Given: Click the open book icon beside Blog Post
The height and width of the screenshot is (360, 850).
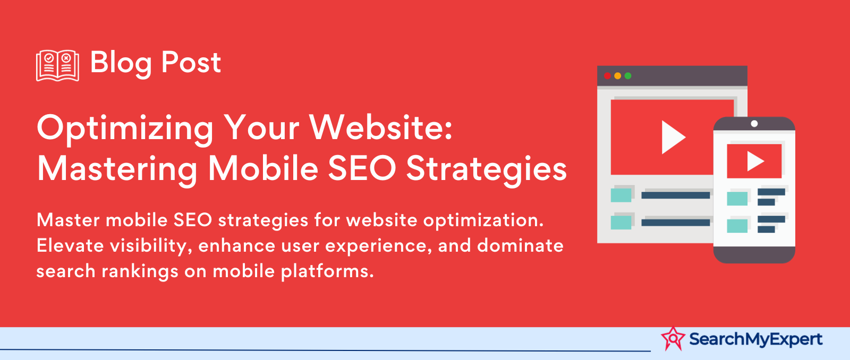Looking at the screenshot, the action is [x=58, y=65].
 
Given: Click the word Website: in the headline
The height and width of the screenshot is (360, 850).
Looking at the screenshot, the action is [x=381, y=127].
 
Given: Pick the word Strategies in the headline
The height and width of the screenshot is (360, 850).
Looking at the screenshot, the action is [x=487, y=170].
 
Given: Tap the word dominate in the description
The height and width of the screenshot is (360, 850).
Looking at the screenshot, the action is [x=520, y=245].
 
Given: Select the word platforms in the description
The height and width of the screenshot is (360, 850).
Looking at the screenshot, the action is [x=327, y=272].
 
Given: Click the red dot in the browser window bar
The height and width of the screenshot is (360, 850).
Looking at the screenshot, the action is [x=608, y=76].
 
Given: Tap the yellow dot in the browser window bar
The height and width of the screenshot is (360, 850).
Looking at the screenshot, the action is [x=618, y=76].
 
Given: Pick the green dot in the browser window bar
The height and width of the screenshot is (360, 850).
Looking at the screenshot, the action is [x=628, y=76].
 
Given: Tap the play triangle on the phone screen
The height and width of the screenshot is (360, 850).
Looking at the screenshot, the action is [x=754, y=161].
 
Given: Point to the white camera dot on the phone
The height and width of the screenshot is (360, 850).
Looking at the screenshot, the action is [x=754, y=124].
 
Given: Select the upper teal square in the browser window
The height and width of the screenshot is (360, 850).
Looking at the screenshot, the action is [x=621, y=195].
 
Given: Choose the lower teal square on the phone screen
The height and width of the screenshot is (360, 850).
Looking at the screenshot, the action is [x=737, y=226].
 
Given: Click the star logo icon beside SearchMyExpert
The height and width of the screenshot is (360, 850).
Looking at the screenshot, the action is [x=673, y=339].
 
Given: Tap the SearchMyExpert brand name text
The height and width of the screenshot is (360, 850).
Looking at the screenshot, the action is [x=756, y=339].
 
